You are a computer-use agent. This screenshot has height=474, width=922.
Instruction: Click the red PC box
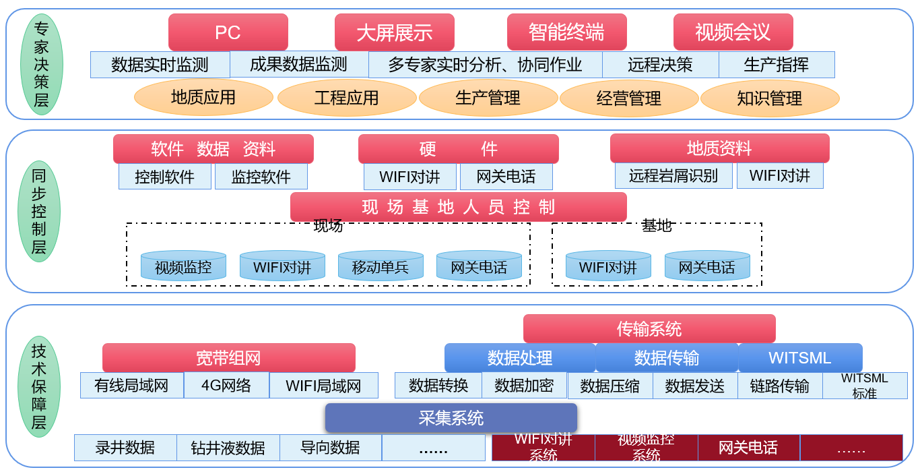coord(228,32)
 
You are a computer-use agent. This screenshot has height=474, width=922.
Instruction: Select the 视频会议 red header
coord(733,32)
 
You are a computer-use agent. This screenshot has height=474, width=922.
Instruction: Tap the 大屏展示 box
coord(394,32)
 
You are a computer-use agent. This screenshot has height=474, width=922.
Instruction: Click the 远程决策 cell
coord(660,65)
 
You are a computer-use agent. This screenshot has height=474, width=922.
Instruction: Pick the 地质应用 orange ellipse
coord(203,97)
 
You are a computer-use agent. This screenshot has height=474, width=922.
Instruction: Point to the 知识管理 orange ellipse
coord(770,98)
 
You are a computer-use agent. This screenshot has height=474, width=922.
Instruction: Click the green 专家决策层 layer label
coord(42,64)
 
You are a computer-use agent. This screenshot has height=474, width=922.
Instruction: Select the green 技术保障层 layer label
coord(39,386)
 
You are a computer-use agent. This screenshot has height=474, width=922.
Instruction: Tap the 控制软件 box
coord(164,177)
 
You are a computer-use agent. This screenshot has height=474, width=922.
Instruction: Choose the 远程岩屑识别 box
coord(673,176)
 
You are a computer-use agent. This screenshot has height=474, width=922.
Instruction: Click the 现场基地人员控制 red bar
coord(458,207)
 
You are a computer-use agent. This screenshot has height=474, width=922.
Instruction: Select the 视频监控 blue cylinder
coord(183,266)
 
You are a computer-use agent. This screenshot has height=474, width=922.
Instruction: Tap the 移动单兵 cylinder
coord(381,266)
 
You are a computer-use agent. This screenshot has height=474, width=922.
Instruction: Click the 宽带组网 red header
coord(228,357)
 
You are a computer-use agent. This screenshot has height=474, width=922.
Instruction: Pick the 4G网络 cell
coord(226,386)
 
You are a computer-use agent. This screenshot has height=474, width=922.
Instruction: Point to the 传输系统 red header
coord(649,328)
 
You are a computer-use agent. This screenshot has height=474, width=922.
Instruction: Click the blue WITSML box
coord(799,357)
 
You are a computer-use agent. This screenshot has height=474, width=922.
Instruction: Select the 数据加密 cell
coord(524,385)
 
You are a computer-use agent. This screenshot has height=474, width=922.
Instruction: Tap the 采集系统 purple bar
coord(451,418)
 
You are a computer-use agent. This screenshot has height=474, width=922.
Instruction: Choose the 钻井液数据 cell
coord(228,448)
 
